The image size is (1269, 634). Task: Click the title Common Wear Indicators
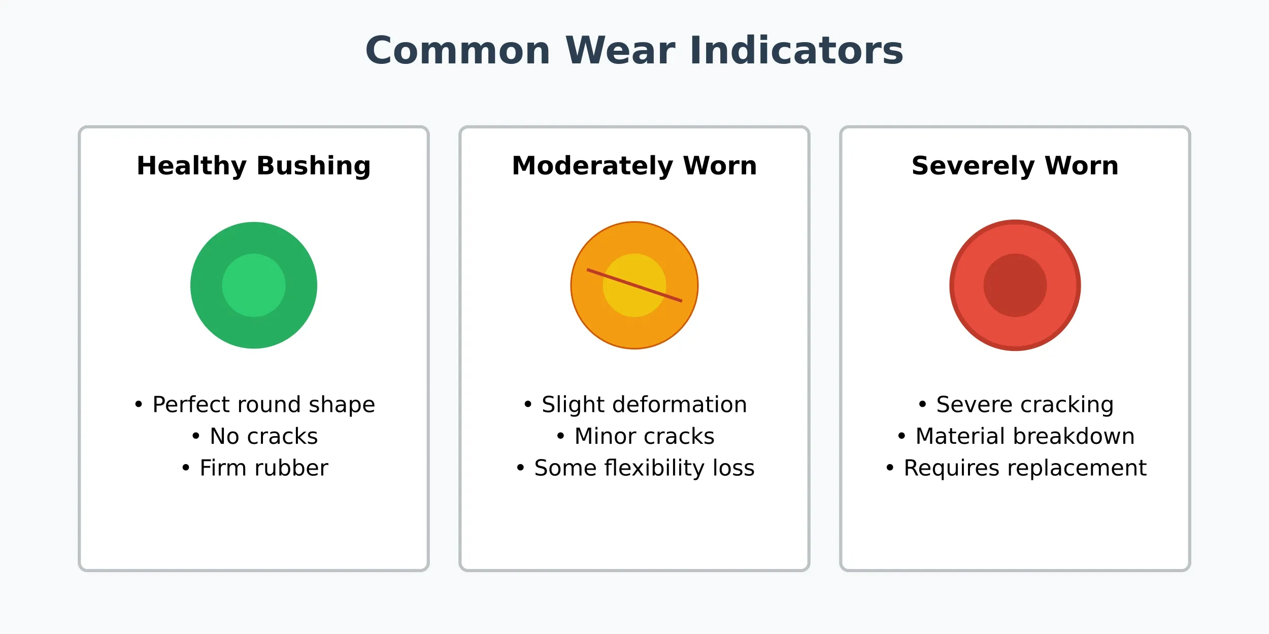635,51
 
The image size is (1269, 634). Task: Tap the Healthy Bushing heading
254,166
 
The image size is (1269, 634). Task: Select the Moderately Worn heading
635,166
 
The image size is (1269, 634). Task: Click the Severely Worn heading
1015,166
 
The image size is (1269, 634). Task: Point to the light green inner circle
254,286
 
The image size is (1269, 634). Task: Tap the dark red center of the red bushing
1015,286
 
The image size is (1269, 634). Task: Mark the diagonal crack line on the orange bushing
635,286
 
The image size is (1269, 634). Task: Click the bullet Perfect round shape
254,405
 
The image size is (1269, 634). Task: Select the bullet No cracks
254,436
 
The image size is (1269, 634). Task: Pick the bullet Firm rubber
254,468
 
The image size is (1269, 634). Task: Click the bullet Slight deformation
635,405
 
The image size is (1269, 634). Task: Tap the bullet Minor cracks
635,436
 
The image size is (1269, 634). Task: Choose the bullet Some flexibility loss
635,468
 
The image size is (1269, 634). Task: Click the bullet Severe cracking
1016,405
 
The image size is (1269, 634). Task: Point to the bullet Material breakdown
1016,436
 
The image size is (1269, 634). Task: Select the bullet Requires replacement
1016,468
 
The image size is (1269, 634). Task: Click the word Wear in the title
620,51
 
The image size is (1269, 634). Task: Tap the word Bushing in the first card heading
314,166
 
